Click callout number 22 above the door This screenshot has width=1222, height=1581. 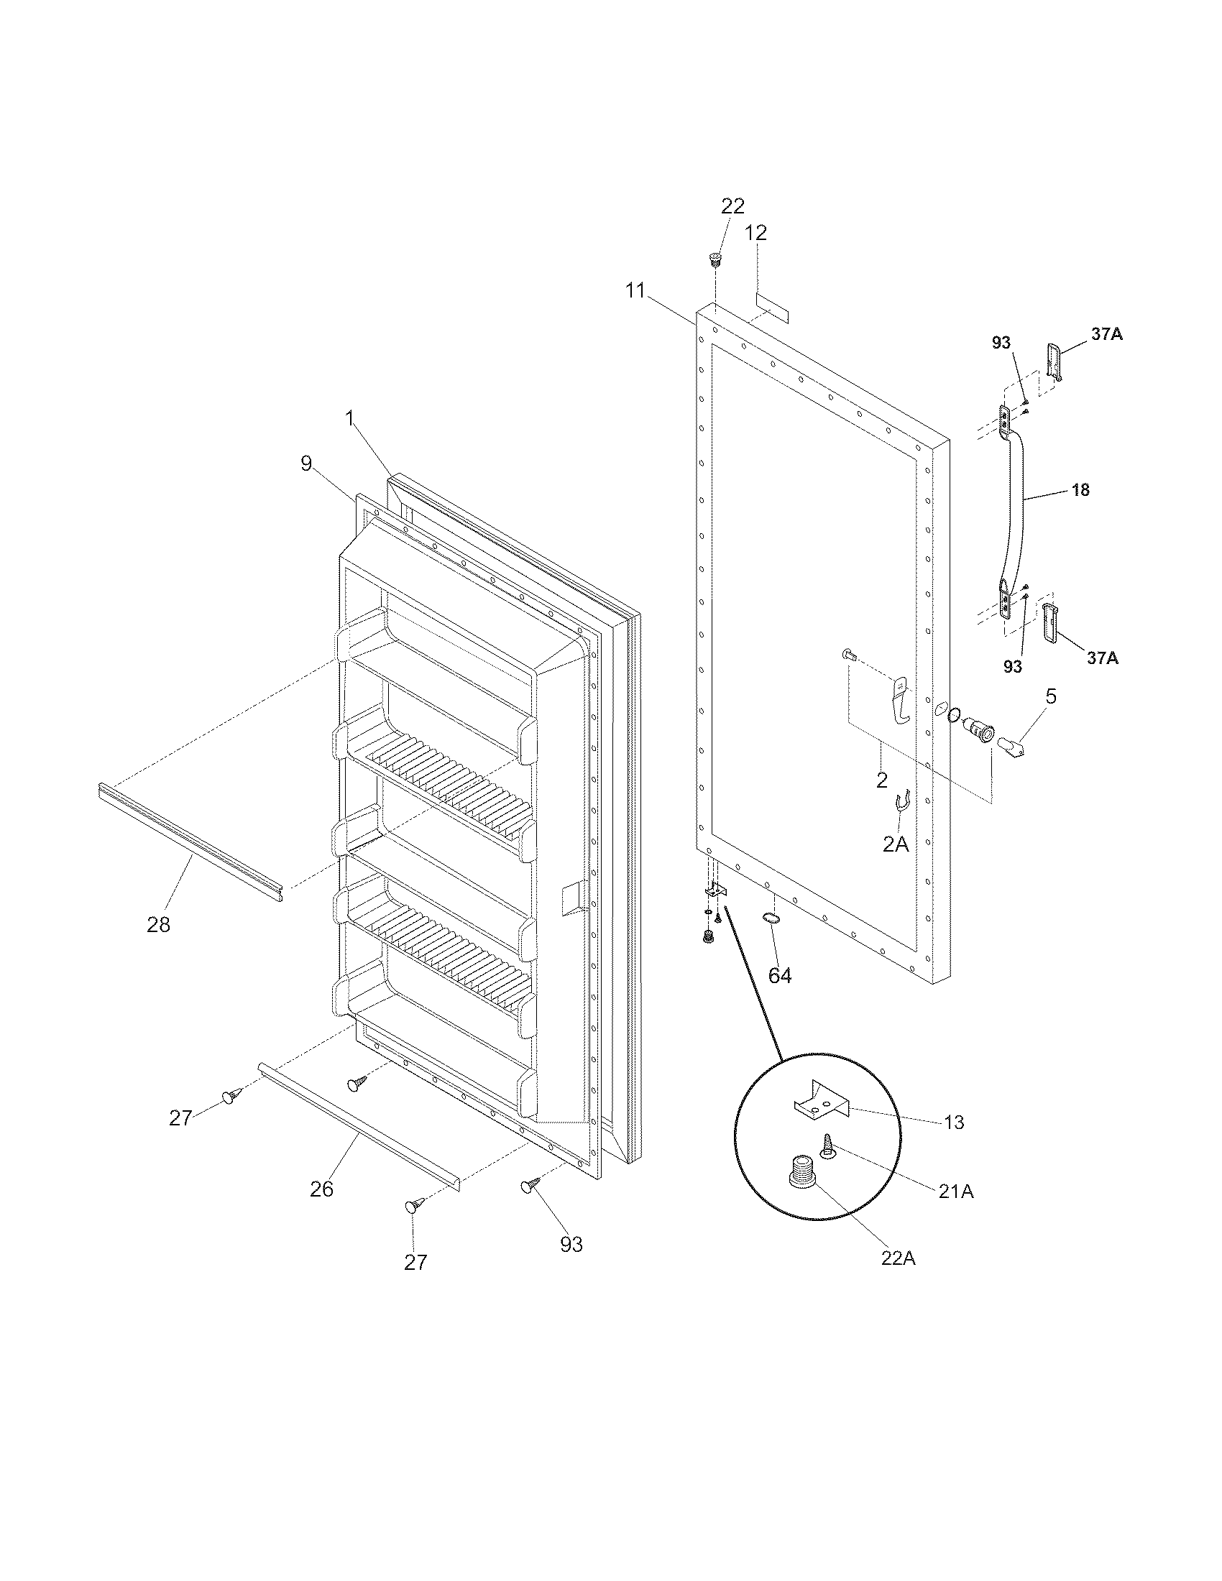tap(732, 206)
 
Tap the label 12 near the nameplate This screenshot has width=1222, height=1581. tap(755, 233)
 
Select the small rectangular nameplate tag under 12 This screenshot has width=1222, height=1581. tap(773, 307)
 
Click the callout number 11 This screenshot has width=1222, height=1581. tap(635, 292)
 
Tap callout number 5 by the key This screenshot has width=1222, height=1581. tap(1050, 696)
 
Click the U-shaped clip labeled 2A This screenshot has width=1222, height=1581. tap(902, 803)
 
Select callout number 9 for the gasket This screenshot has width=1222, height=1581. tap(306, 464)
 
